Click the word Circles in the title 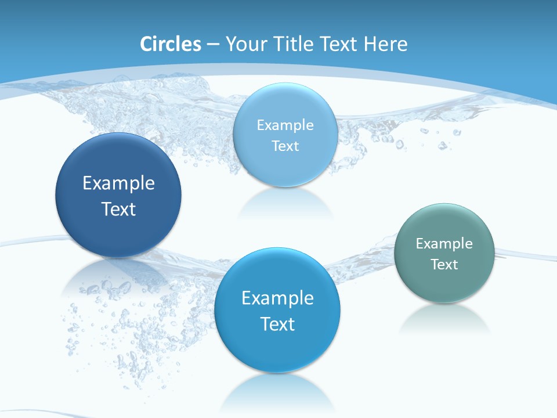pos(171,44)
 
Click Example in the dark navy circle pos(118,183)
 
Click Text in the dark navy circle pos(118,209)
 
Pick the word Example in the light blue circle pos(285,125)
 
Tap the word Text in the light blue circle pos(285,146)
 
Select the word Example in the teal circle pos(444,244)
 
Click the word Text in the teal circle pos(444,265)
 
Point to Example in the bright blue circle pos(277,298)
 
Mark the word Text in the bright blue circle pos(277,324)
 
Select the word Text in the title pos(339,44)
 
